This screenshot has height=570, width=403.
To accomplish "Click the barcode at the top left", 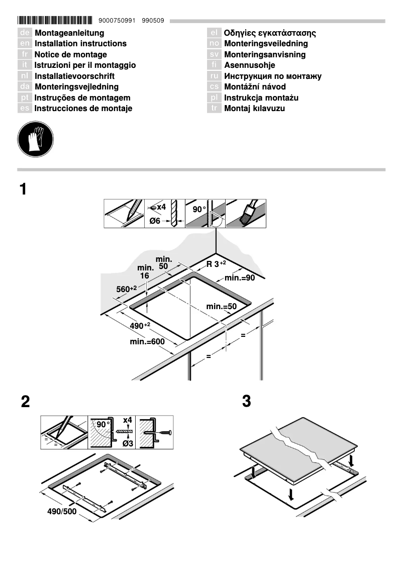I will [55, 21].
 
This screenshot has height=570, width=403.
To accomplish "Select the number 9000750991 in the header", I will [118, 21].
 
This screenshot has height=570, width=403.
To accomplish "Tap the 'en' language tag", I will [25, 44].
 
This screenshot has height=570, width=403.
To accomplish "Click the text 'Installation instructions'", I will [80, 44].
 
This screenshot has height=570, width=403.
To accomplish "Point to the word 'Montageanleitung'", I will [69, 33].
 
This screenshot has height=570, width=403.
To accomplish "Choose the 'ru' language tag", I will [215, 76].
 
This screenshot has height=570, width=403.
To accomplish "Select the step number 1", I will [23, 189].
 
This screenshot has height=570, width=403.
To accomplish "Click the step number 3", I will [246, 402].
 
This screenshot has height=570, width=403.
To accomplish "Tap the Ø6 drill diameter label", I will [155, 222].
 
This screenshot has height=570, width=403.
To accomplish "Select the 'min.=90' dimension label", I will [240, 277].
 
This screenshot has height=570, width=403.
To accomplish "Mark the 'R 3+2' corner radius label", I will [216, 264].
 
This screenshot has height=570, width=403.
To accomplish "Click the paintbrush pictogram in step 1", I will [246, 214].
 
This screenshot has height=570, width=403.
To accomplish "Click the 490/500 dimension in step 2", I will [62, 512].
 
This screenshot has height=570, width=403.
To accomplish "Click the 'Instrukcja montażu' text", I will [261, 98].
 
